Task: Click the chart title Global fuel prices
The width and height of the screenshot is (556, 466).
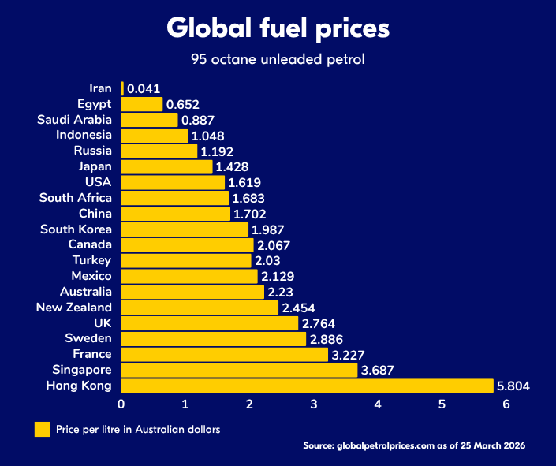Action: [x=278, y=28]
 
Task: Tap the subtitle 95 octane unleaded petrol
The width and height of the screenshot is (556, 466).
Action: [x=278, y=59]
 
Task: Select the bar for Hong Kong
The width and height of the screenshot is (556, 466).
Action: [x=307, y=386]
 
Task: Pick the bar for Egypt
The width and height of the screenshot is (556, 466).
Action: [x=142, y=104]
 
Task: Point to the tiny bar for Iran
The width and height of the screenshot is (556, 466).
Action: [x=122, y=88]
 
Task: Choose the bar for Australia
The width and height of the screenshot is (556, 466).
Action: [x=192, y=292]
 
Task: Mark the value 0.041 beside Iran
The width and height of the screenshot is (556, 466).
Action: [x=144, y=89]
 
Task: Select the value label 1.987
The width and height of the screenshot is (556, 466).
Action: [x=269, y=229]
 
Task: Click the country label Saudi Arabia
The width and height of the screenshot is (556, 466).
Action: [x=74, y=120]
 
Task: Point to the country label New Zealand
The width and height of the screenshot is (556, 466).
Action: [x=74, y=308]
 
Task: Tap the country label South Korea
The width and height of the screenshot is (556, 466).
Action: [x=76, y=229]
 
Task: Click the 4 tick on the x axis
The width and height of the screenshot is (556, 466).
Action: [x=378, y=404]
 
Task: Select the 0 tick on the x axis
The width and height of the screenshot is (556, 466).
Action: [x=121, y=404]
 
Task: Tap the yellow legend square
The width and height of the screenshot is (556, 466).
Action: [x=41, y=429]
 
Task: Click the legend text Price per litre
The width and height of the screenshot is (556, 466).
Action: [x=138, y=430]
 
